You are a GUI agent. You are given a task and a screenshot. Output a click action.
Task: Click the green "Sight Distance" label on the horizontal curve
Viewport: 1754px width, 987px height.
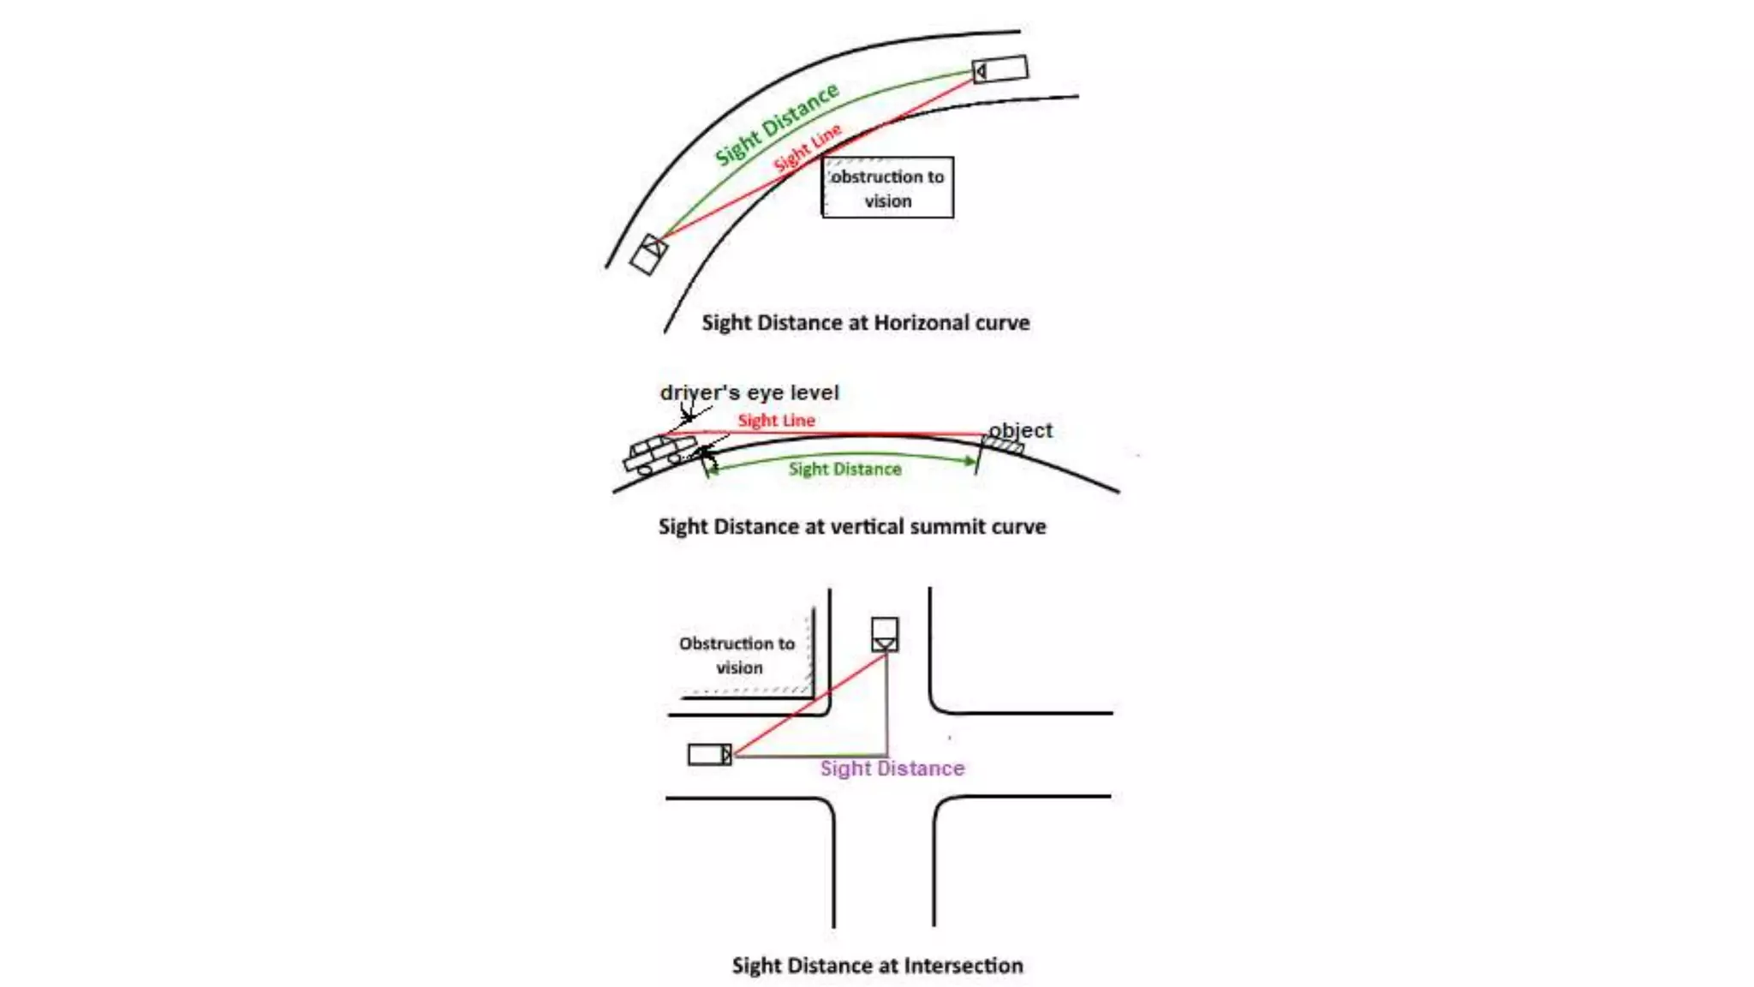tap(776, 124)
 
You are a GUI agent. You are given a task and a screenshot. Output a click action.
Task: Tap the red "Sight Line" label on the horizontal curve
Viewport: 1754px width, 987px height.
tap(807, 148)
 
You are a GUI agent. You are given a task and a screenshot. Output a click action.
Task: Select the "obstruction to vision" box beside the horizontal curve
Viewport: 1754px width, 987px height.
tap(887, 188)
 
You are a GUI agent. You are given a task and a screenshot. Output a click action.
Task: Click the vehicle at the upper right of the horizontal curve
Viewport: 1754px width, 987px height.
tap(1000, 69)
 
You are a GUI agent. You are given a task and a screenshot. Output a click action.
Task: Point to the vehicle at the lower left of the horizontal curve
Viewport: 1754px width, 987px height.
tap(648, 254)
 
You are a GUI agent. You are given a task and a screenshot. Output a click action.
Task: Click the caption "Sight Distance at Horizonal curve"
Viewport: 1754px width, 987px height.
tap(865, 323)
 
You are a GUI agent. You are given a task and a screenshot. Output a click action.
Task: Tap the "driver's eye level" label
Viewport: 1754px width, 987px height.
tap(749, 392)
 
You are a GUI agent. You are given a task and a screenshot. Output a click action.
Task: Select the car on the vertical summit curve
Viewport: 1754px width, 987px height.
tap(658, 454)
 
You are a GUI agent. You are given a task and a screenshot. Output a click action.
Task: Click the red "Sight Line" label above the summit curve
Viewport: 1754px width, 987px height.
tap(776, 420)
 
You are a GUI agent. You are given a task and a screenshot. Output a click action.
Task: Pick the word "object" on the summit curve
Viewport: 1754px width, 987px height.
tap(1020, 430)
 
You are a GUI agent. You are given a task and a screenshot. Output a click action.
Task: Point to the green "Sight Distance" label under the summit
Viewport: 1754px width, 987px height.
tap(844, 469)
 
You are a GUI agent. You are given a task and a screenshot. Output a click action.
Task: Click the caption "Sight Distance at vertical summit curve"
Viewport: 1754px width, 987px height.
tap(852, 526)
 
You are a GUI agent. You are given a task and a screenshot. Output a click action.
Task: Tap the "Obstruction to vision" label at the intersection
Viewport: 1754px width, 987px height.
tap(737, 655)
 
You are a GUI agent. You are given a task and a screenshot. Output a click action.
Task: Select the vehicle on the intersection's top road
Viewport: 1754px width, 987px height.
tap(885, 635)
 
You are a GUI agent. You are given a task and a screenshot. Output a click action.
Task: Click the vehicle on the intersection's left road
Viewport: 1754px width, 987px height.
tap(710, 755)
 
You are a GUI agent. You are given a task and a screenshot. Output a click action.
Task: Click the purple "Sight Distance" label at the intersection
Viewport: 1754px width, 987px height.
tap(892, 769)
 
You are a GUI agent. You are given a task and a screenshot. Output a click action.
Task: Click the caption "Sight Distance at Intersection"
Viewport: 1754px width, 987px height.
tap(877, 966)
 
